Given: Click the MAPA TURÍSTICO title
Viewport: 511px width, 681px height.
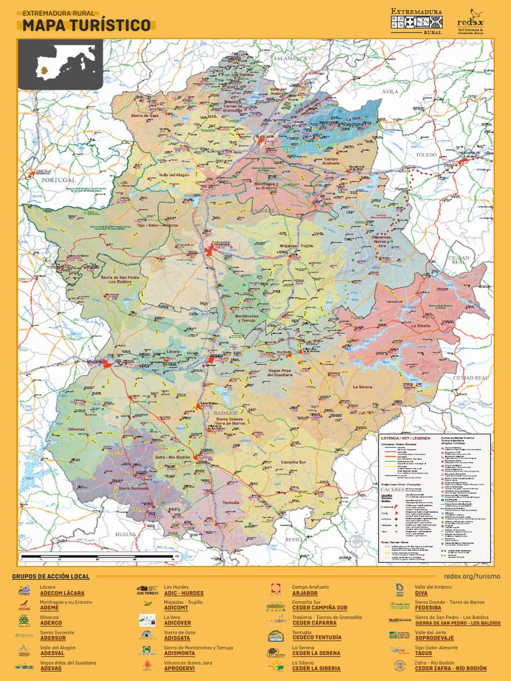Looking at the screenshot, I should click(x=86, y=25).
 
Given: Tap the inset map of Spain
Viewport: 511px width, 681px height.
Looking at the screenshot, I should click(x=61, y=64).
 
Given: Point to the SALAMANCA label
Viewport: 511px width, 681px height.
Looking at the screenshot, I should click(x=289, y=58).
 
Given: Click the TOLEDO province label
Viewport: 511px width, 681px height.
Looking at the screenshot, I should click(x=426, y=154).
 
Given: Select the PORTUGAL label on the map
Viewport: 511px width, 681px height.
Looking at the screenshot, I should click(x=59, y=180).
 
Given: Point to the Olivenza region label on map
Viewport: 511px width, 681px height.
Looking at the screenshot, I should click(x=77, y=429).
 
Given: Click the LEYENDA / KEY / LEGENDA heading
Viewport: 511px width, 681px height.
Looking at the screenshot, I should click(x=405, y=439).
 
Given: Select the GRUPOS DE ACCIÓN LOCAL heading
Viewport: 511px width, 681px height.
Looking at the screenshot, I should click(x=51, y=576).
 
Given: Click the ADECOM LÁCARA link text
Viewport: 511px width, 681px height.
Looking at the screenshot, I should click(x=62, y=593).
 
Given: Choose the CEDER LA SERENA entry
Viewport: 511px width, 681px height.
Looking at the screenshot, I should click(x=316, y=653).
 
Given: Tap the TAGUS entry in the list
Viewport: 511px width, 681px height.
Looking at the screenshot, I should click(x=423, y=653).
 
